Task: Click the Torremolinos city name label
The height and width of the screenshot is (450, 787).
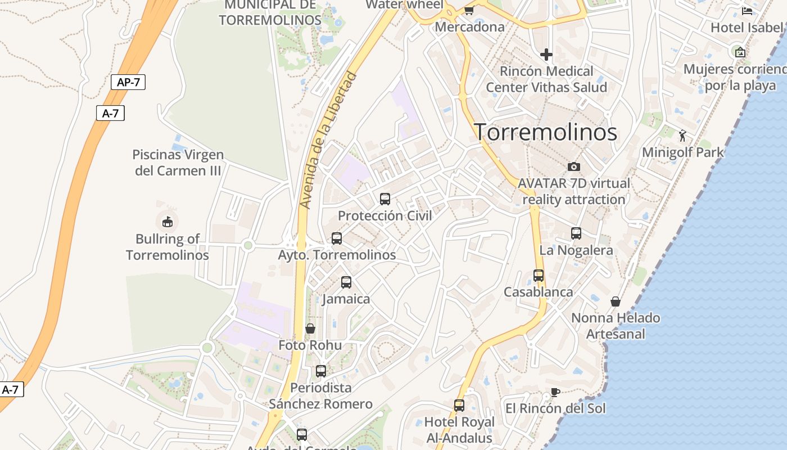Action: pos(546,132)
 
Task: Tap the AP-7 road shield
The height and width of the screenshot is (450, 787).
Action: pos(128,82)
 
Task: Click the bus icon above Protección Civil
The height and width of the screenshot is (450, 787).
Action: pos(385,199)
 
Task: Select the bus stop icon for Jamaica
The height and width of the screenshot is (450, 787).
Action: pos(346,282)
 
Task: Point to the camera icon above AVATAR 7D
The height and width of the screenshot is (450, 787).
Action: pos(574,166)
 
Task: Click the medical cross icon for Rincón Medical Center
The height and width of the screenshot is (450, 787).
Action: pos(546,55)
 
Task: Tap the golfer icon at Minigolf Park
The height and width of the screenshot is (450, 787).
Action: pos(683,136)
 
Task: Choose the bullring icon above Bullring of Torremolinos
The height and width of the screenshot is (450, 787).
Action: pos(167,222)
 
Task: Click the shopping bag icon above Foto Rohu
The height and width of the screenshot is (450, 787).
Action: pos(310,328)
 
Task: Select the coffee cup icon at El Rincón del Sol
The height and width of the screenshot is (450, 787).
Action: pos(555,392)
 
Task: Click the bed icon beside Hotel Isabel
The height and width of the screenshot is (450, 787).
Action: pos(747,11)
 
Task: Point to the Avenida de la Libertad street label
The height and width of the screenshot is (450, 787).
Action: pos(328,140)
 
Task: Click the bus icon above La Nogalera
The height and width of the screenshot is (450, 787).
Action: pos(576,233)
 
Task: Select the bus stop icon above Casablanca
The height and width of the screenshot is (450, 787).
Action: pos(539,276)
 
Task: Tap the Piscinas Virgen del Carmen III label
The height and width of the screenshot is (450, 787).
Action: pos(178,163)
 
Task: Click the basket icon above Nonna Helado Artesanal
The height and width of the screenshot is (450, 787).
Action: pos(616,301)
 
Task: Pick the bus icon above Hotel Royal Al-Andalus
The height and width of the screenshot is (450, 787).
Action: pos(459,406)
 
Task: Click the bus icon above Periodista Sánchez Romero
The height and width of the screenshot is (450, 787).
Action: pos(321,371)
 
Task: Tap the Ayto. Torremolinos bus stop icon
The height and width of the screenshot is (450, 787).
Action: pos(337,238)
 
